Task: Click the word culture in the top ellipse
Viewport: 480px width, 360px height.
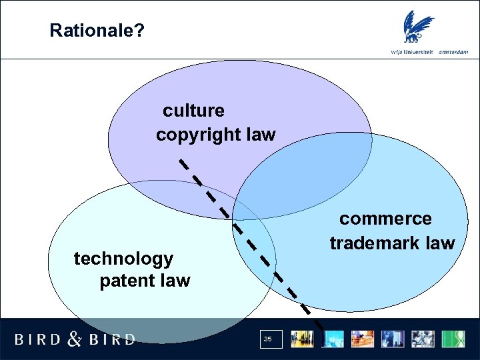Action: tap(193, 110)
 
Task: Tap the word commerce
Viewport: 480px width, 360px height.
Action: tap(385, 219)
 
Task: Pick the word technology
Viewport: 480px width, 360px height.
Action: tap(123, 258)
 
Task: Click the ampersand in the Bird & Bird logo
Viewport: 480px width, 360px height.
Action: tap(75, 339)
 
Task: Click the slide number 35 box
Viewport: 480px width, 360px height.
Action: tap(267, 339)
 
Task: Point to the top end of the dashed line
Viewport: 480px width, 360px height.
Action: tap(180, 160)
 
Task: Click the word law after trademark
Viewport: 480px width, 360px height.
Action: tap(441, 243)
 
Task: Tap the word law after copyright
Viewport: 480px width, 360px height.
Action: tap(261, 135)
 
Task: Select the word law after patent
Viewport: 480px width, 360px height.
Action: tap(175, 281)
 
